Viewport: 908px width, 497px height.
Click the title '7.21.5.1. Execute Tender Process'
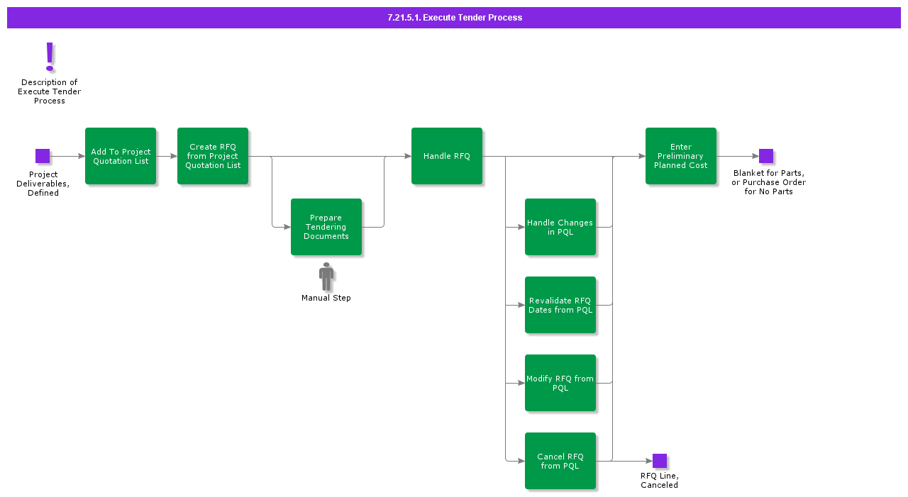coord(454,18)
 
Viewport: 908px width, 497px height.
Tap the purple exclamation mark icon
coord(50,57)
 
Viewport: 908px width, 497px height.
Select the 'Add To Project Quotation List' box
coord(121,156)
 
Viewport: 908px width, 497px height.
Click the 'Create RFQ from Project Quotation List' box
coord(213,156)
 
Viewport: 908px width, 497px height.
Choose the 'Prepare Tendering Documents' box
coord(326,227)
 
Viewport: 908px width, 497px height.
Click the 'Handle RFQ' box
coord(447,156)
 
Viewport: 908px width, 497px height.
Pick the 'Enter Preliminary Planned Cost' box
coord(681,156)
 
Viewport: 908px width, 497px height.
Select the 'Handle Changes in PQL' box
coord(560,227)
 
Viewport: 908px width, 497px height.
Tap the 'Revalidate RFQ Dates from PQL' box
coord(560,305)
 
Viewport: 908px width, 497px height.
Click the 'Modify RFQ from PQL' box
coord(560,383)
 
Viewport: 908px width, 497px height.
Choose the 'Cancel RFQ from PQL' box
coord(560,461)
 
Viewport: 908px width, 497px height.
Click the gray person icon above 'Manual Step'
coord(326,277)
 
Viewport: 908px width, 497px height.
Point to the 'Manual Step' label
coord(326,298)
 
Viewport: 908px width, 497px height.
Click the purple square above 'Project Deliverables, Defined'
coord(43,156)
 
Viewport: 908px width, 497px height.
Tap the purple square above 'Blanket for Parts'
coord(766,156)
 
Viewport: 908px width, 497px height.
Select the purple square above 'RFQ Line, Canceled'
coord(660,461)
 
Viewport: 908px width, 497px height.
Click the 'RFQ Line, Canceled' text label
coord(660,481)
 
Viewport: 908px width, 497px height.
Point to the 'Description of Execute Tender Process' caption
coord(50,91)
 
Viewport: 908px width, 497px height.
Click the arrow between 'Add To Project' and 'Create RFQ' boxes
coord(167,156)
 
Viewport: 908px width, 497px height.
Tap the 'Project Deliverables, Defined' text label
coord(43,184)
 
